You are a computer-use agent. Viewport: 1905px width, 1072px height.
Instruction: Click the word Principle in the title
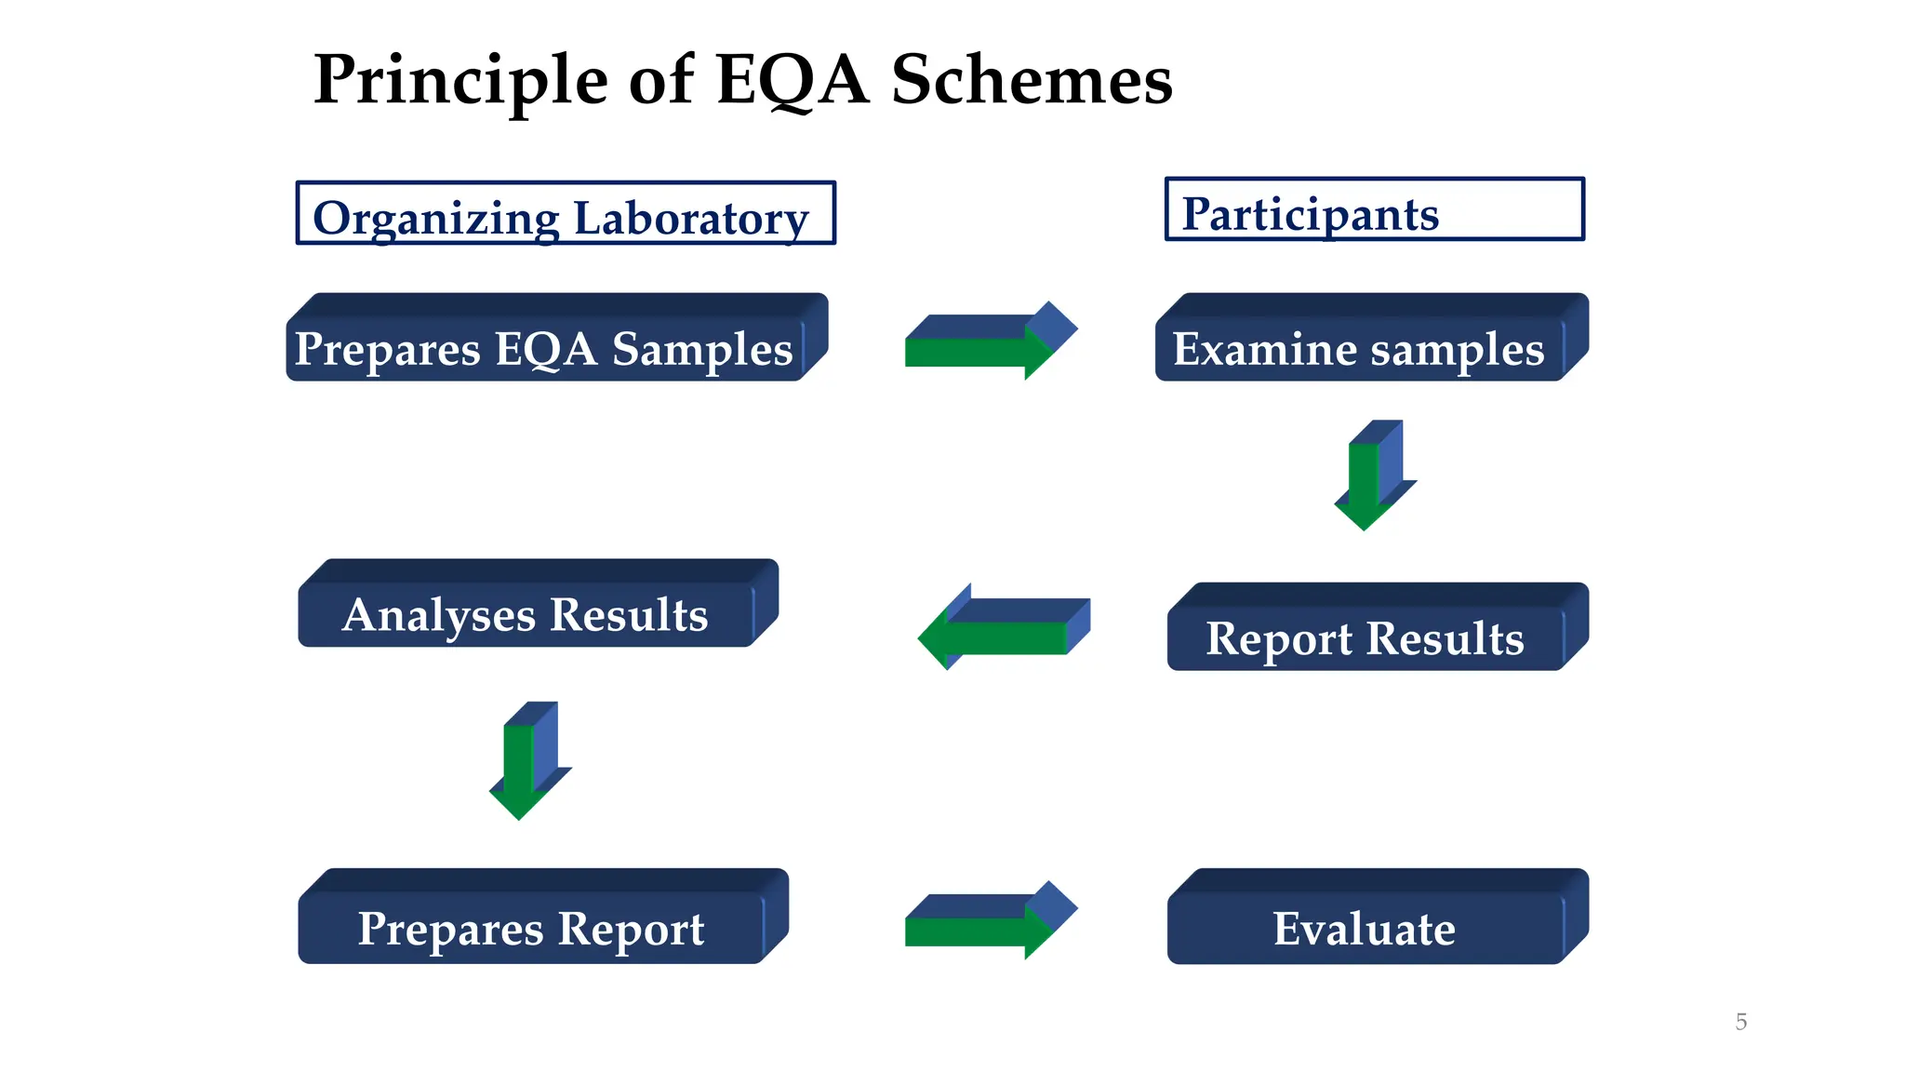[x=461, y=81]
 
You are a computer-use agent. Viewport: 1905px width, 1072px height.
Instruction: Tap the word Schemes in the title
[x=1032, y=80]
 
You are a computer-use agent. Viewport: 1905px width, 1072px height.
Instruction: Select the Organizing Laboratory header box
[x=566, y=214]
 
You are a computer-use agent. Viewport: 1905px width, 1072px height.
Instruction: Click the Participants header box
[x=1374, y=210]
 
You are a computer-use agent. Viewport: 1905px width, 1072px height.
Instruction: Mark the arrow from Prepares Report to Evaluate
[x=990, y=921]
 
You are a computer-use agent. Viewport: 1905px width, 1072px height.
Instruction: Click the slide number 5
[x=1741, y=1022]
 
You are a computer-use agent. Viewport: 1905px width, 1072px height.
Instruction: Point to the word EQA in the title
[x=793, y=81]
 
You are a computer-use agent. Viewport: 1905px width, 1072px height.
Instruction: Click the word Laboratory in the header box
[x=691, y=219]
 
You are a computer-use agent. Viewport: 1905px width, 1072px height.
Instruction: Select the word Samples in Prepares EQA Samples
[x=702, y=350]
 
